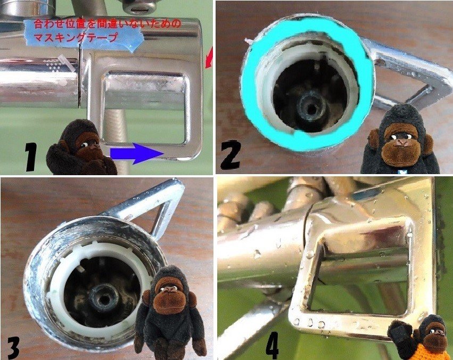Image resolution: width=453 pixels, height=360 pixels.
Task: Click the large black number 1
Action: pyautogui.click(x=31, y=157)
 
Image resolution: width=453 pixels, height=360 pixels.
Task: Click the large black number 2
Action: pyautogui.click(x=230, y=154)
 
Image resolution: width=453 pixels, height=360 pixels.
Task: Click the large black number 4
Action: pyautogui.click(x=272, y=345)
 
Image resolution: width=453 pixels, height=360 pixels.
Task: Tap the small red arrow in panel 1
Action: pyautogui.click(x=209, y=58)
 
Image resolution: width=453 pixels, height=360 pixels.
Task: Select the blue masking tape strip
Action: pyautogui.click(x=84, y=34)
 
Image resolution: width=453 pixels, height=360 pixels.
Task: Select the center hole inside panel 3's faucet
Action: pyautogui.click(x=103, y=298)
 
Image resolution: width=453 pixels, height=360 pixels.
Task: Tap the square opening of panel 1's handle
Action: pyautogui.click(x=144, y=108)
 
